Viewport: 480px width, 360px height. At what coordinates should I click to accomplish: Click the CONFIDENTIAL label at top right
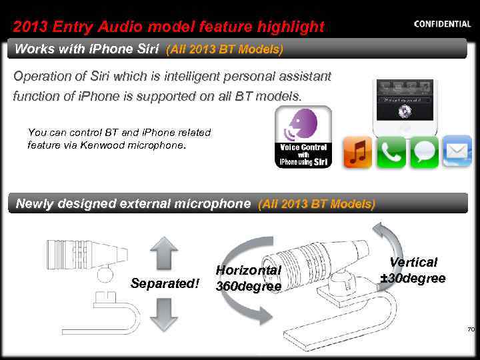tap(442, 24)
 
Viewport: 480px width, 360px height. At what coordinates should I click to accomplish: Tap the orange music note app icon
tap(357, 152)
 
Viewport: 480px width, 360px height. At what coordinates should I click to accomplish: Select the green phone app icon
tap(391, 152)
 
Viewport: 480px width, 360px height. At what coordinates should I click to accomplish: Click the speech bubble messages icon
tap(423, 152)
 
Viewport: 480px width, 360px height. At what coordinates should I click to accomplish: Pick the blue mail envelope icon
tap(457, 152)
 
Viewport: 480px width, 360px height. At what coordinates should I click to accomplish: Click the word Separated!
tap(165, 284)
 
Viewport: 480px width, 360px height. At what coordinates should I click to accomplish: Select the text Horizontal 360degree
tap(248, 278)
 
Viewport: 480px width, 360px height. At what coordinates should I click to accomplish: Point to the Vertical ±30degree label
tap(413, 270)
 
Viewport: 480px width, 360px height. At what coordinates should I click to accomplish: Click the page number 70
tap(471, 329)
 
